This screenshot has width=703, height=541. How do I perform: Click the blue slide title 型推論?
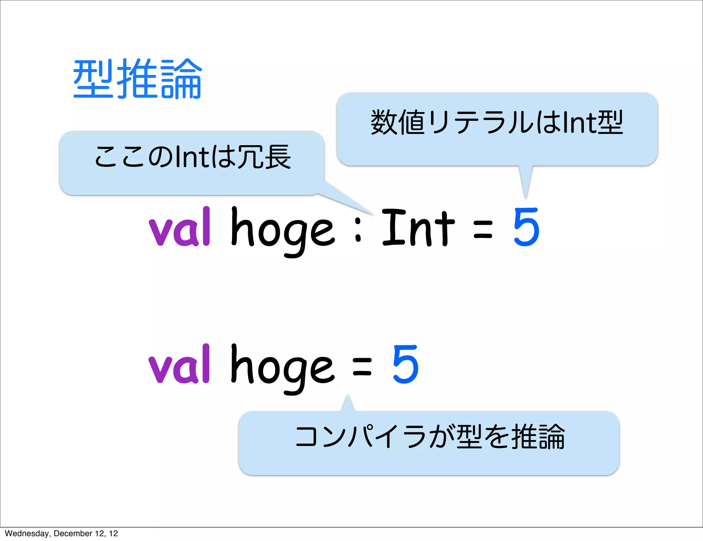(x=137, y=79)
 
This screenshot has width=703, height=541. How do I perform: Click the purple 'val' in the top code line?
(x=179, y=227)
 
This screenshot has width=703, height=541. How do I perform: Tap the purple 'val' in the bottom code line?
(x=179, y=365)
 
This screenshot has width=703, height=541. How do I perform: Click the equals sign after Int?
(x=483, y=229)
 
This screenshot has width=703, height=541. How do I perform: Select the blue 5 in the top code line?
(x=526, y=227)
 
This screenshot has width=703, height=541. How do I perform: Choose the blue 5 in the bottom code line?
(x=405, y=365)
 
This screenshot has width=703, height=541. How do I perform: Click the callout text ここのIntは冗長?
(x=192, y=157)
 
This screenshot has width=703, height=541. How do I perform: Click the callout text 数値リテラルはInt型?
(x=496, y=123)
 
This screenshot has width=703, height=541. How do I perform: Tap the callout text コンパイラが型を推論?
(x=430, y=437)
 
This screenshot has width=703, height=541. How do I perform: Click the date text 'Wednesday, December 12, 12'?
(x=61, y=533)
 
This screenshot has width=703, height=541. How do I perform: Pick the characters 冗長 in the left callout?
(x=264, y=157)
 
